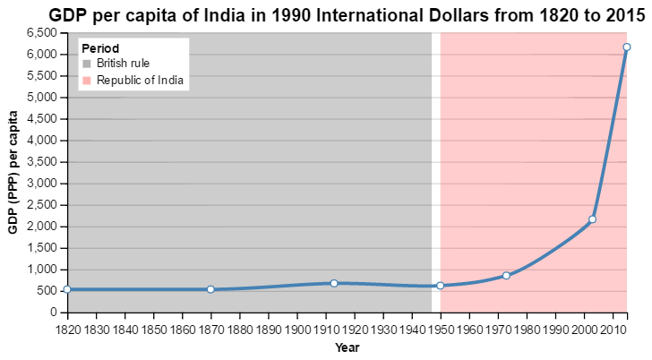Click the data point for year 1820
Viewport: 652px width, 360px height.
click(67, 289)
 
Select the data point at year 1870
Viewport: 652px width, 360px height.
click(210, 289)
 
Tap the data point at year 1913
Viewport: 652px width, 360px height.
click(334, 283)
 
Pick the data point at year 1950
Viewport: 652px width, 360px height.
click(440, 286)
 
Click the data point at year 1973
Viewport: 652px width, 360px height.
click(506, 275)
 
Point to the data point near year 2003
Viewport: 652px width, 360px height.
click(592, 219)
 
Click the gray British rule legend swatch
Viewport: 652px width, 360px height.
click(87, 64)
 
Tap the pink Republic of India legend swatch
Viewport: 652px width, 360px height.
click(87, 81)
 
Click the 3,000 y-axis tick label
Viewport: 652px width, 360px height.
click(42, 184)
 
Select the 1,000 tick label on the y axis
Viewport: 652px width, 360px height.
click(42, 270)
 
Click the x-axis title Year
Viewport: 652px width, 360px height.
click(347, 347)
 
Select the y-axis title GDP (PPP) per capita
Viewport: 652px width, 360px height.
click(13, 173)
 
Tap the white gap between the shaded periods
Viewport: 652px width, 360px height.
click(435, 170)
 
